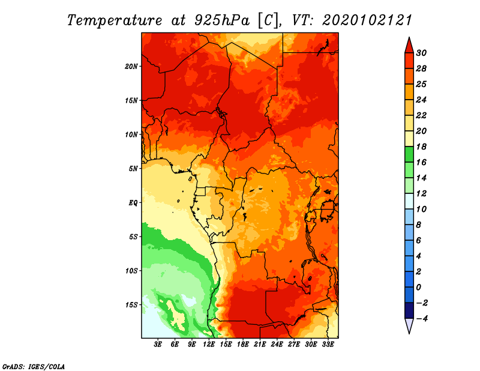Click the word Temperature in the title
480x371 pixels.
pos(115,20)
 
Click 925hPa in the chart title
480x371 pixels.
pos(221,20)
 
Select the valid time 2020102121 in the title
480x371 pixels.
pos(367,20)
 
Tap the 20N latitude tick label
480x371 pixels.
pos(131,67)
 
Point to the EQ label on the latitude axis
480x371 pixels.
pos(133,203)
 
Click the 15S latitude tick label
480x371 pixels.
pos(131,305)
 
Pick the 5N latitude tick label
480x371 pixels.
pos(133,169)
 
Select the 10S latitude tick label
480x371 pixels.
pos(131,271)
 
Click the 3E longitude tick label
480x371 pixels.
pos(158,345)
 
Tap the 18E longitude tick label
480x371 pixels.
pos(243,345)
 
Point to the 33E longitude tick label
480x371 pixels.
pos(328,345)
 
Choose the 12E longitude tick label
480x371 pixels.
pos(209,345)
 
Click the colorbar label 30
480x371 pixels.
pos(421,53)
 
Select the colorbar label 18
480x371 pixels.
pos(421,146)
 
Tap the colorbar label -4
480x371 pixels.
pos(422,319)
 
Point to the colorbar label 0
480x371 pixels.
pos(418,288)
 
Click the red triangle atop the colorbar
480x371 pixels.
pos(409,46)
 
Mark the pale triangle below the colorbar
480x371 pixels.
pos(409,325)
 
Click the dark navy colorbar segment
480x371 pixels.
pos(409,310)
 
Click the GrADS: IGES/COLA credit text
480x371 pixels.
pos(34,367)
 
